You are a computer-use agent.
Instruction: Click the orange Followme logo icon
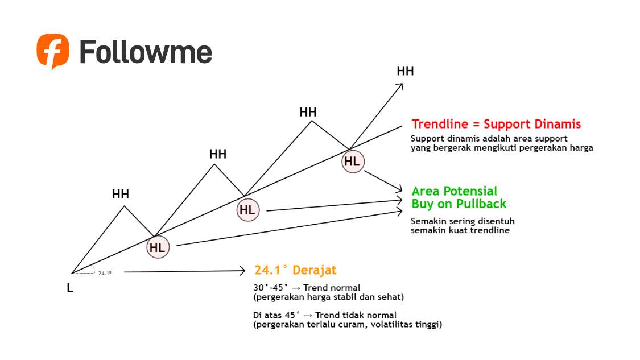tap(53, 51)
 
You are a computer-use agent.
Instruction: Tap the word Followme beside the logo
tap(146, 52)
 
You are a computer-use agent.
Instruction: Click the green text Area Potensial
tap(454, 191)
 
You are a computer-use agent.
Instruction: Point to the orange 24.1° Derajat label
tap(295, 270)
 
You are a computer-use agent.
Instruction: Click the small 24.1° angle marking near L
tap(104, 273)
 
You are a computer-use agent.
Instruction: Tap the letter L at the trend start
tap(70, 288)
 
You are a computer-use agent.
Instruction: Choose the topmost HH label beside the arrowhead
tap(405, 71)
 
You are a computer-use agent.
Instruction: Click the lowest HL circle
tap(158, 247)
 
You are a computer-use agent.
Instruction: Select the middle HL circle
tap(247, 210)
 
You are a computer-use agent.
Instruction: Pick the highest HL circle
tap(353, 162)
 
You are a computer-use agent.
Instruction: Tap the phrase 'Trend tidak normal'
tap(356, 315)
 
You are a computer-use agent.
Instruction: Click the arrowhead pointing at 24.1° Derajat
tap(243, 271)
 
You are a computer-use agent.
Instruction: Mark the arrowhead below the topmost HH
tap(400, 86)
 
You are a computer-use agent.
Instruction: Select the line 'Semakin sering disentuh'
tap(463, 221)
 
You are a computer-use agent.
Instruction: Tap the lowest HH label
tap(121, 195)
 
